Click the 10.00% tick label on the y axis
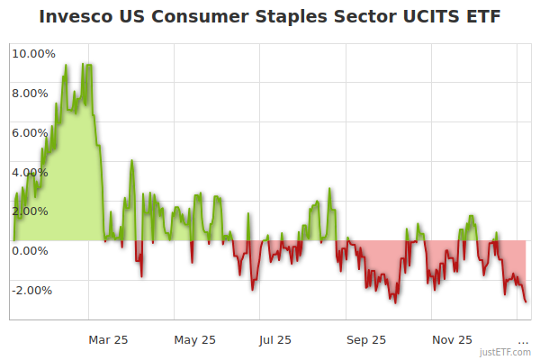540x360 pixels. (x=34, y=54)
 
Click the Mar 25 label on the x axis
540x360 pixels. (x=108, y=340)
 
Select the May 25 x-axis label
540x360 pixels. (x=195, y=340)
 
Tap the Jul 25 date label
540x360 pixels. (x=275, y=340)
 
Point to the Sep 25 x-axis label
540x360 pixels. (x=366, y=340)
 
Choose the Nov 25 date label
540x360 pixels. (x=452, y=340)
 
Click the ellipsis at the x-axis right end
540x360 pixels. (x=523, y=340)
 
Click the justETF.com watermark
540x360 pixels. (x=505, y=353)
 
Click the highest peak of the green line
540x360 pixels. (x=67, y=65)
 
